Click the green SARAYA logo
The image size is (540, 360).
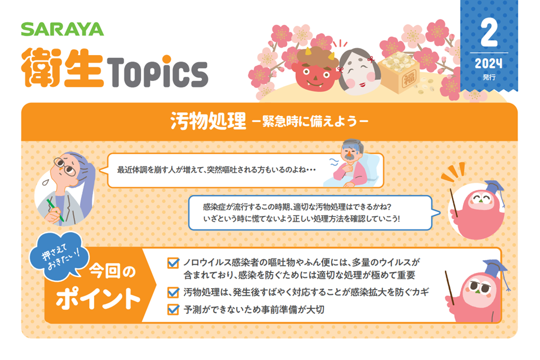tap(62, 29)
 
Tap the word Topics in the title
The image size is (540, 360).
tap(157, 72)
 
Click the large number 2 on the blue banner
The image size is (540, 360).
tap(489, 33)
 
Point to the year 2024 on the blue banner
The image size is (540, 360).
tap(488, 63)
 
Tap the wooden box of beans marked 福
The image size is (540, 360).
tap(400, 72)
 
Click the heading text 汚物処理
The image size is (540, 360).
tap(208, 121)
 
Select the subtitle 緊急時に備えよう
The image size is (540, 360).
tap(310, 121)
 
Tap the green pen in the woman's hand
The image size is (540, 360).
tap(55, 210)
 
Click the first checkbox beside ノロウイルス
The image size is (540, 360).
tap(173, 263)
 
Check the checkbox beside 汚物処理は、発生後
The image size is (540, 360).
tap(173, 292)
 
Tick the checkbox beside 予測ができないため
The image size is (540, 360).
tap(173, 309)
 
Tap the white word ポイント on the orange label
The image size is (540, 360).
tap(98, 298)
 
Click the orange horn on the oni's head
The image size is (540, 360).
tap(307, 52)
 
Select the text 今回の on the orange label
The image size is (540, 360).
tap(112, 271)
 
